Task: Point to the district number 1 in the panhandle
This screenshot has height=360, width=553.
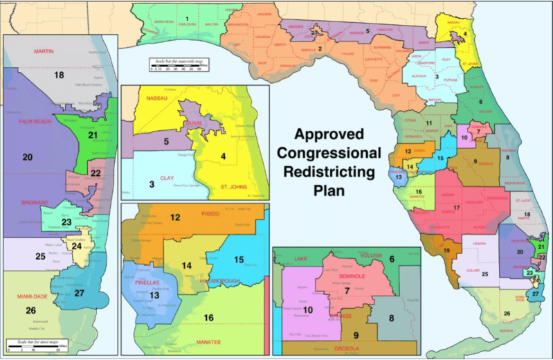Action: point(186,19)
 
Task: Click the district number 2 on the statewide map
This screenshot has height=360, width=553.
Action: point(320,48)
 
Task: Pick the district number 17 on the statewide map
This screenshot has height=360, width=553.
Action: point(456,207)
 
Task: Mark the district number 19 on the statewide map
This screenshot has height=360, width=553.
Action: point(447,251)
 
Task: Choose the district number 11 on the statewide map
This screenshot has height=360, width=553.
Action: point(428,123)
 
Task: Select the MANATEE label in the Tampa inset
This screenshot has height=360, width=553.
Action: point(212,342)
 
